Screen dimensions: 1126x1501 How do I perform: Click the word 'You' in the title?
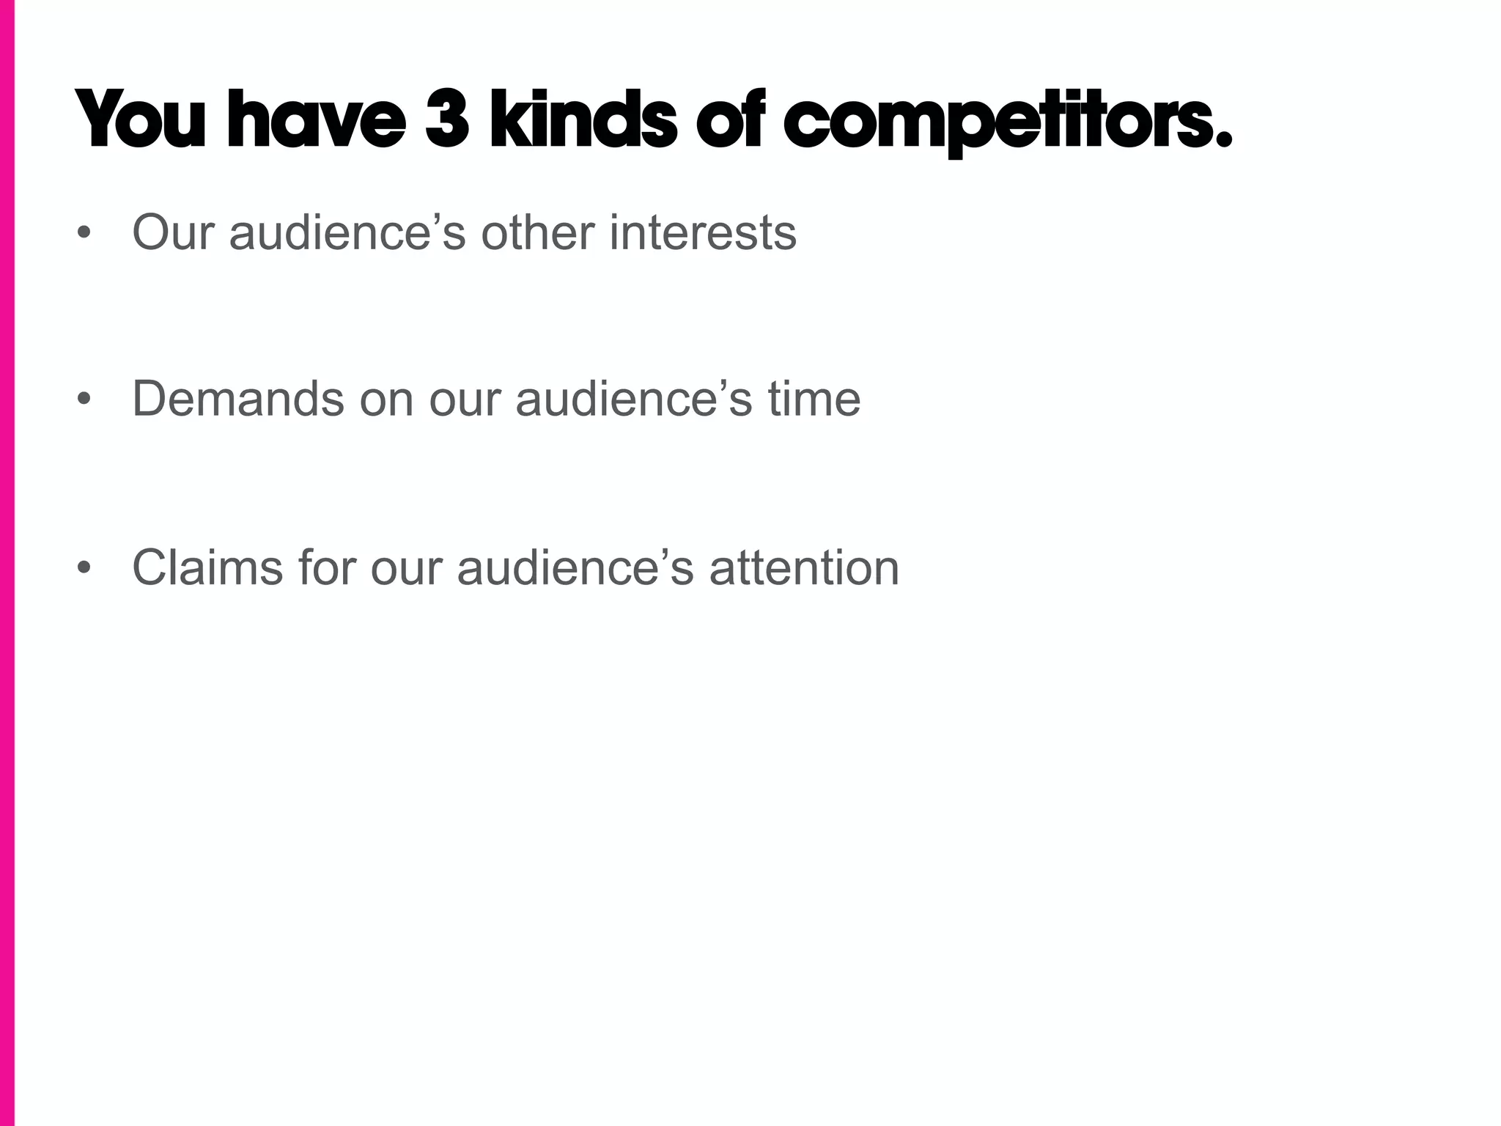(x=140, y=119)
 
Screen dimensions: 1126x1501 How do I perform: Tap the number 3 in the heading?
(x=446, y=119)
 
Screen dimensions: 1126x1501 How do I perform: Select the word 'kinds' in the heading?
(x=583, y=119)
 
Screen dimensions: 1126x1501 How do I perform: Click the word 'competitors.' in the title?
(x=1008, y=121)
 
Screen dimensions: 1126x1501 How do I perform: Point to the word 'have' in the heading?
(x=316, y=119)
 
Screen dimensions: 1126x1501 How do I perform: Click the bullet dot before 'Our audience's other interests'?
(x=85, y=233)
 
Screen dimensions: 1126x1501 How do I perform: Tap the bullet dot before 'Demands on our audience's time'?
(x=85, y=400)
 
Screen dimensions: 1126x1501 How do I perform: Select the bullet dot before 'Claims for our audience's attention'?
(x=85, y=568)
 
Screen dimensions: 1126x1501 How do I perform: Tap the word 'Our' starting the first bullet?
(x=173, y=233)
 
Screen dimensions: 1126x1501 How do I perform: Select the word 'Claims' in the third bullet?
(x=207, y=568)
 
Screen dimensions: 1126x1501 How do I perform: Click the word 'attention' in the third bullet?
(x=804, y=568)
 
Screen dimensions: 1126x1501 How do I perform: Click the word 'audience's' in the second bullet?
(x=634, y=400)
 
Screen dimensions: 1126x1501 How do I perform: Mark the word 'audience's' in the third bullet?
(x=575, y=568)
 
